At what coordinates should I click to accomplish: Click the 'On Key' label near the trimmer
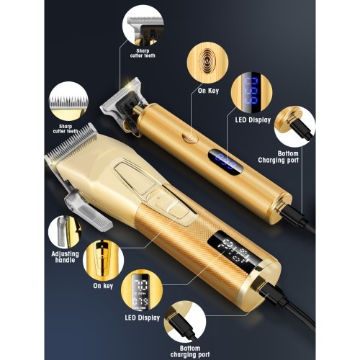pos(208,91)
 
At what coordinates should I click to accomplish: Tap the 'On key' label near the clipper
pos(103,286)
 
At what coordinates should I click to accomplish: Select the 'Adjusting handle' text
pos(65,257)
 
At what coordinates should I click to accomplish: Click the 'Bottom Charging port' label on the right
pos(279,157)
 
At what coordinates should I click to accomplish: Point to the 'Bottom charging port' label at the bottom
pos(190,351)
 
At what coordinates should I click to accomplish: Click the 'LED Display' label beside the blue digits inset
pos(253,120)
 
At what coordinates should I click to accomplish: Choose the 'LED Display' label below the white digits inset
pos(143,318)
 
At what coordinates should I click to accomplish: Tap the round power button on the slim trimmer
pos(190,138)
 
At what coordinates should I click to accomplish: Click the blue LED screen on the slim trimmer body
pos(225,162)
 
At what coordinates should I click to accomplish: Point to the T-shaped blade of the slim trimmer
pos(121,98)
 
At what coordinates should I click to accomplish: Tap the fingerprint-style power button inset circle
pos(207,63)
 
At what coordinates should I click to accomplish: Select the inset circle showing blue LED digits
pos(251,94)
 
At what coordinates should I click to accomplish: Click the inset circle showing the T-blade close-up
pos(143,26)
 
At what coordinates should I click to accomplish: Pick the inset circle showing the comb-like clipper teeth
pos(68,102)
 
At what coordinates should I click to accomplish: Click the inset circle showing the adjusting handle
pos(65,233)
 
